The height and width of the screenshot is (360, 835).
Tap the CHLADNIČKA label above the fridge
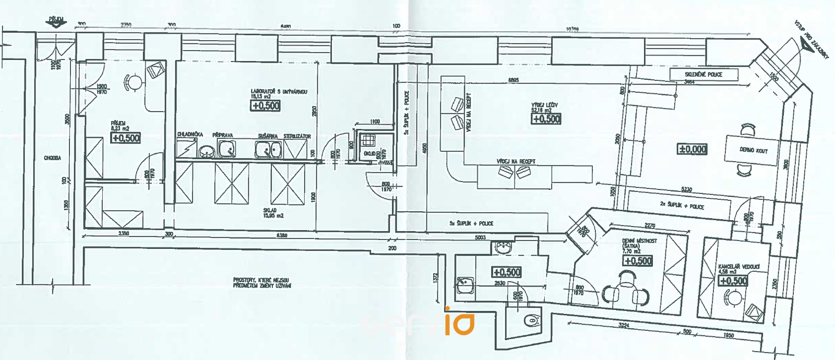tap(190, 135)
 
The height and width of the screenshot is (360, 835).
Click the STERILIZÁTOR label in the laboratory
tap(297, 136)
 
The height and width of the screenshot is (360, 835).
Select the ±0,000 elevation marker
tap(692, 149)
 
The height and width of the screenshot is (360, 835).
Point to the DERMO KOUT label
tap(754, 150)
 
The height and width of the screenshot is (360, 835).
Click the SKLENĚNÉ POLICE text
tap(703, 75)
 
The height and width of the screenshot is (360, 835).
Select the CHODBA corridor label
tap(53, 158)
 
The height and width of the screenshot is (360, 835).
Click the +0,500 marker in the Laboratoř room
tap(266, 105)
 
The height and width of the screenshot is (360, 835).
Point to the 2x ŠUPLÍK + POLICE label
tap(682, 206)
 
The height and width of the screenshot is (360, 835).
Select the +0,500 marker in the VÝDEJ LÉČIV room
tap(546, 118)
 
